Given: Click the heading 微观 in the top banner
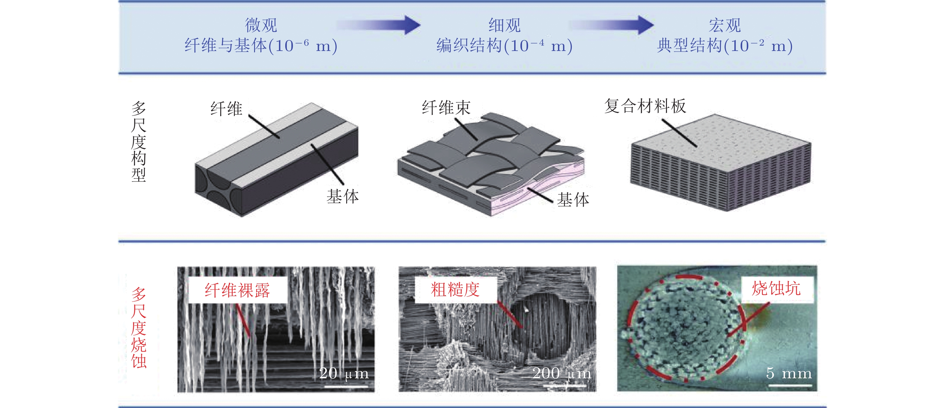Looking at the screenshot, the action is click(x=261, y=25).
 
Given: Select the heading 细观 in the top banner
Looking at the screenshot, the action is click(x=504, y=25).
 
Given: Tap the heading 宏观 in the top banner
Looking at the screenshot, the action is click(x=724, y=25).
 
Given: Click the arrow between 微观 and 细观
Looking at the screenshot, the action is click(x=379, y=25).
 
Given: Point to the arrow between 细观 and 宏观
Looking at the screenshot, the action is click(x=611, y=25).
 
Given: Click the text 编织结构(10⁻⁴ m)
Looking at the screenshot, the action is click(x=504, y=46).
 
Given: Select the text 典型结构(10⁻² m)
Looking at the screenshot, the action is click(x=725, y=46).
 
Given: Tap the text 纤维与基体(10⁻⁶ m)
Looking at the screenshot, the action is click(x=261, y=46).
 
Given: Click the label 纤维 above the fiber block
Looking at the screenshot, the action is click(x=226, y=109).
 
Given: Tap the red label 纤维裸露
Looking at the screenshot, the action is click(x=237, y=290).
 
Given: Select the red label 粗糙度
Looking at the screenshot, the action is click(x=455, y=289).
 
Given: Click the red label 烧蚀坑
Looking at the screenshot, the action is click(x=776, y=288).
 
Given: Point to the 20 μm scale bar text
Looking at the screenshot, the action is click(x=344, y=373).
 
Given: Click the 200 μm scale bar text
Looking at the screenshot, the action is click(x=562, y=373).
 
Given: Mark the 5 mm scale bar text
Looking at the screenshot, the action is click(x=789, y=373).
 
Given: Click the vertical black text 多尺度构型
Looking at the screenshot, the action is click(x=139, y=142).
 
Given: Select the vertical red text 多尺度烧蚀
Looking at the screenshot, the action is click(x=139, y=328).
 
